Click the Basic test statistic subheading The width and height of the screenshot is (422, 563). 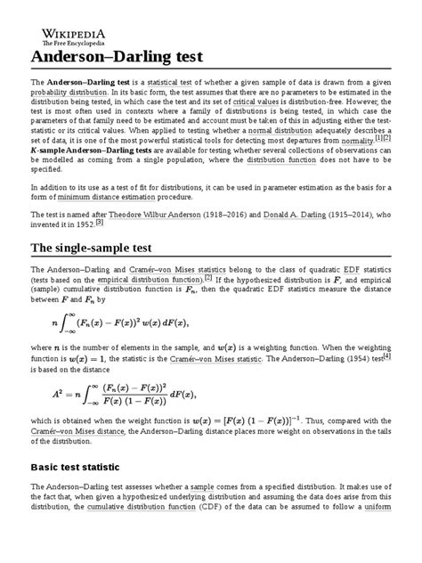pyautogui.click(x=84, y=468)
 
